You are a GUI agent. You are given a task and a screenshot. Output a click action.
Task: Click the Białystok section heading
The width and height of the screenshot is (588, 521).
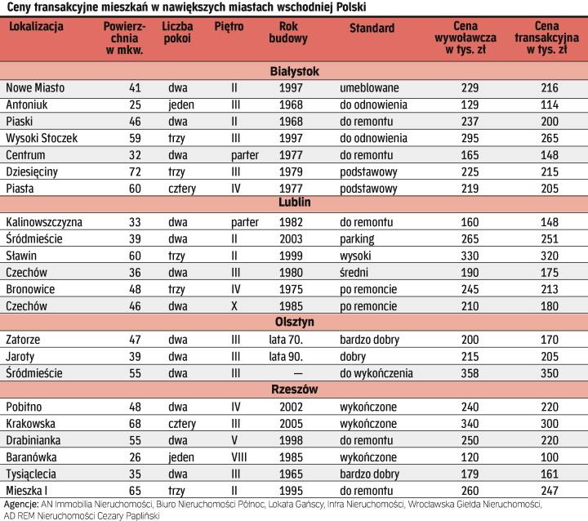pyautogui.click(x=294, y=71)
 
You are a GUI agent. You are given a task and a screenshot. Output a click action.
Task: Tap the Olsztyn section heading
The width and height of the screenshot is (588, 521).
pyautogui.click(x=294, y=322)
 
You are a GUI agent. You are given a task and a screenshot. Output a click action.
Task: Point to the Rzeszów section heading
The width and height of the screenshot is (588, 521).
pyautogui.click(x=294, y=390)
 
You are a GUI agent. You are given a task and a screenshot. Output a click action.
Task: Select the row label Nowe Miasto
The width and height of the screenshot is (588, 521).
pyautogui.click(x=35, y=87)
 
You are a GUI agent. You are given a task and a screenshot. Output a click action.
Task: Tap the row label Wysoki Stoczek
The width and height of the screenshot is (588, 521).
pyautogui.click(x=42, y=138)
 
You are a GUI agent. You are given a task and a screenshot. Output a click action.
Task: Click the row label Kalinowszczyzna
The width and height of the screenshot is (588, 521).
pyautogui.click(x=43, y=221)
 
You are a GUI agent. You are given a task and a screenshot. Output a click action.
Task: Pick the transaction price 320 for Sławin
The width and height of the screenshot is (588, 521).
pyautogui.click(x=549, y=255)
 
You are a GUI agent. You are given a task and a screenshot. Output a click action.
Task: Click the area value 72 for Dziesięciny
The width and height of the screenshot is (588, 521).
pyautogui.click(x=136, y=171)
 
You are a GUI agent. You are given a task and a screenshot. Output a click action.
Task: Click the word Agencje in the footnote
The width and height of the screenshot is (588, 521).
pyautogui.click(x=20, y=504)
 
